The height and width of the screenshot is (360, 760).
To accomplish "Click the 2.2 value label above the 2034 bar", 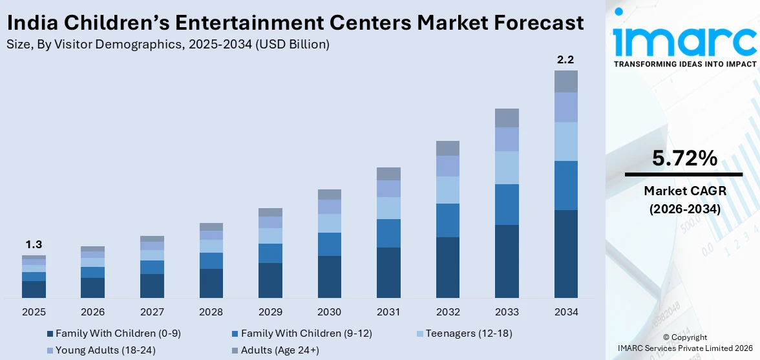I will point(565,60).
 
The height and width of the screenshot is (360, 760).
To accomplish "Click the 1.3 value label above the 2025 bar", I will point(34,245).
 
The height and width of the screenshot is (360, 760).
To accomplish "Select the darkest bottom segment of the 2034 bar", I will point(565,253).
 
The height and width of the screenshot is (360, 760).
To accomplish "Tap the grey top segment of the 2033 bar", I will point(507,118).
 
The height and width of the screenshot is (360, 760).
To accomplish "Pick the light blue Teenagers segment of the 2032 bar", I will point(447,190).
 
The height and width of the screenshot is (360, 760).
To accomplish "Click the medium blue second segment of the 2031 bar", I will point(388,233).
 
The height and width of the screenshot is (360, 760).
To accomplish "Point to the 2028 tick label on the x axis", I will point(211,312).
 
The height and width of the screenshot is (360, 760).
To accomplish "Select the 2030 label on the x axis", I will point(330,312).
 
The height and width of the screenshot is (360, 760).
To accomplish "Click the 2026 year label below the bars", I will point(93,312).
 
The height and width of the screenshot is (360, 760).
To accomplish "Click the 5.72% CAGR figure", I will point(684,158).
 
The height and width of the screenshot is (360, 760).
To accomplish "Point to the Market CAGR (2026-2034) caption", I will point(684,200).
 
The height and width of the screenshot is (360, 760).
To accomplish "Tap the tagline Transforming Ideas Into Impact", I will point(684,64).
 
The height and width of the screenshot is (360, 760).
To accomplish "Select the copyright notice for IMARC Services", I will point(684,343).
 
